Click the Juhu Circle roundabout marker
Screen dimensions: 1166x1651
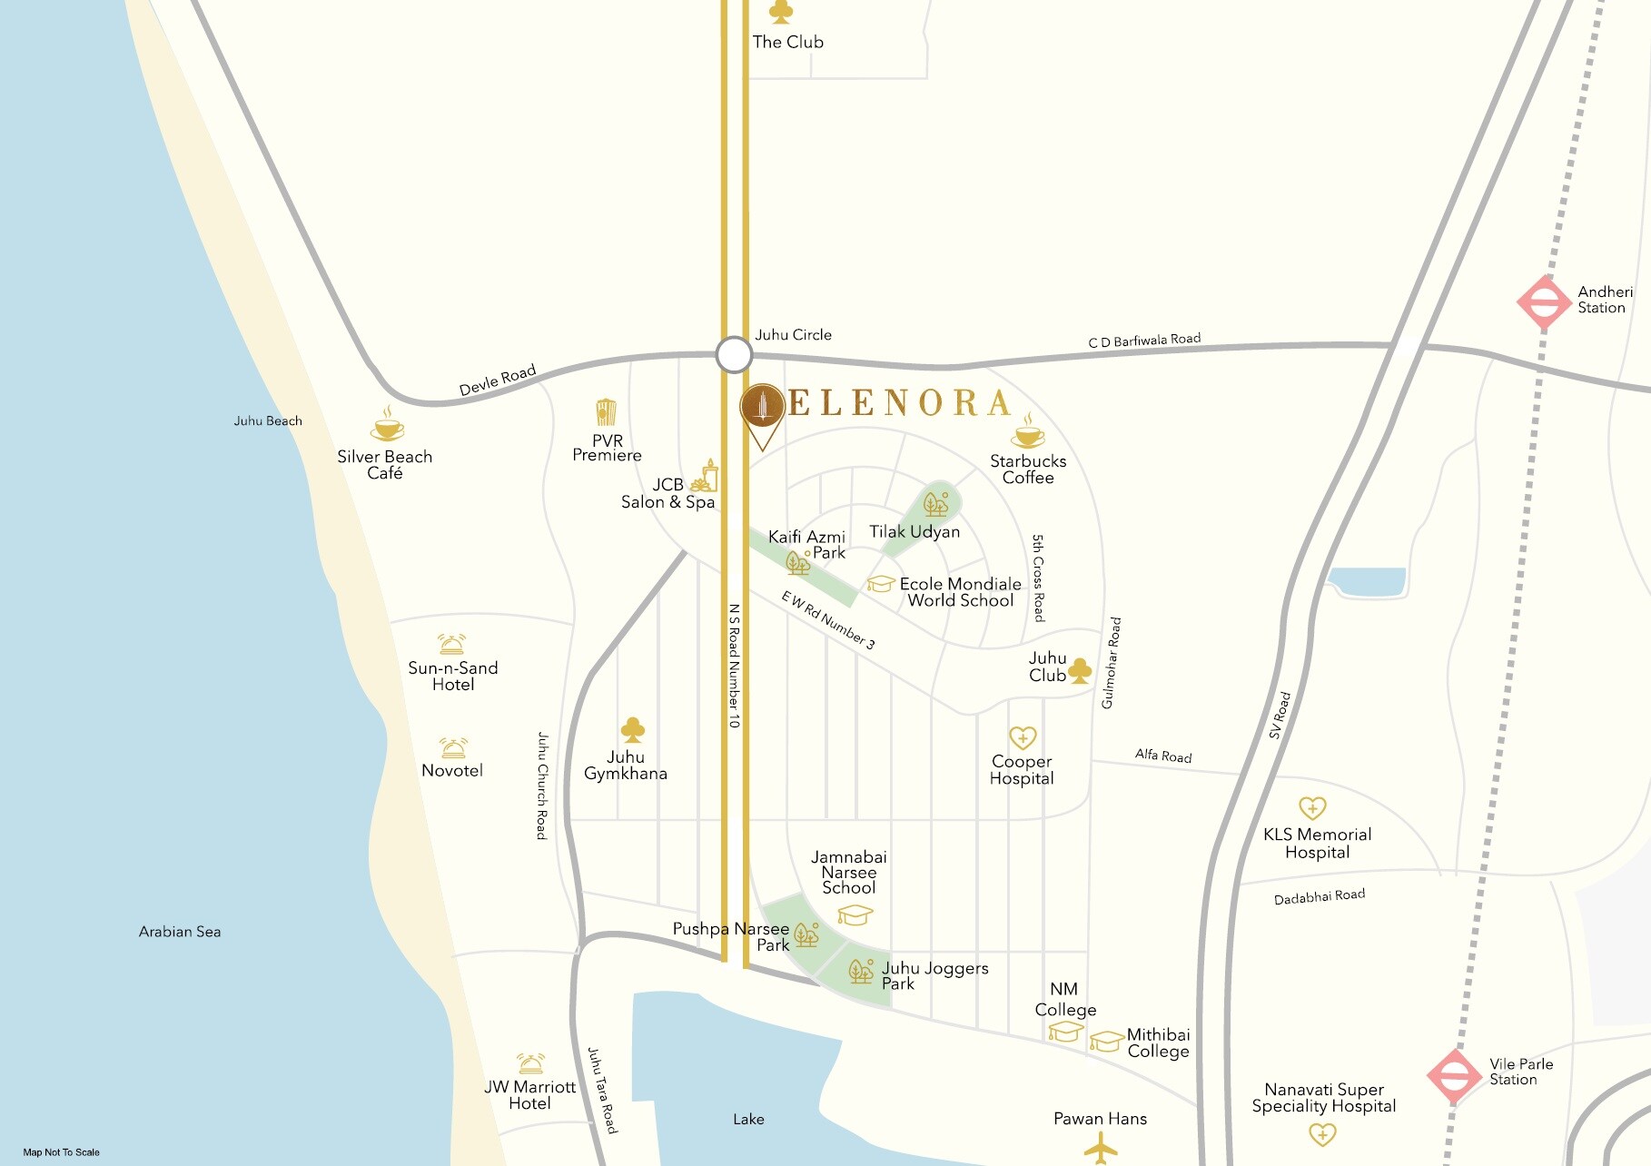click(x=734, y=355)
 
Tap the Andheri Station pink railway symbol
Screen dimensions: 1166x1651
click(x=1544, y=302)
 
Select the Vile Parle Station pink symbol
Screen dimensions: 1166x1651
click(x=1454, y=1076)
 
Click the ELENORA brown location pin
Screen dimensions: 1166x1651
click(x=762, y=409)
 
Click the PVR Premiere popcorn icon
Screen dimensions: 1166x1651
click(x=606, y=412)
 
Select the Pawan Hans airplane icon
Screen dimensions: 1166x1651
click(x=1101, y=1149)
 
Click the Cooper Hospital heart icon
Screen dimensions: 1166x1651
click(x=1023, y=736)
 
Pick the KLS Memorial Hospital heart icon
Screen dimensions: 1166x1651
click(x=1312, y=807)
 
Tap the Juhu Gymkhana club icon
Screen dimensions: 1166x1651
click(x=632, y=729)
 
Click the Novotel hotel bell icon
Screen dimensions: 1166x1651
click(x=453, y=748)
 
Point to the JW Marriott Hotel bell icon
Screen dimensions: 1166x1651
click(x=530, y=1063)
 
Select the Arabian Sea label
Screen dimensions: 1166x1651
click(x=180, y=932)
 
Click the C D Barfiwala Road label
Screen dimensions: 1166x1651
click(x=1144, y=341)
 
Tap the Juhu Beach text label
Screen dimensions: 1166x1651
click(x=268, y=420)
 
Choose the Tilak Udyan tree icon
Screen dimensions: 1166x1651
click(x=935, y=503)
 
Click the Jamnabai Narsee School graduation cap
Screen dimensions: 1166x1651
click(x=855, y=914)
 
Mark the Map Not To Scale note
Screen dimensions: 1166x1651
click(x=62, y=1152)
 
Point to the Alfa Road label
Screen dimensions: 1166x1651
click(x=1163, y=756)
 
